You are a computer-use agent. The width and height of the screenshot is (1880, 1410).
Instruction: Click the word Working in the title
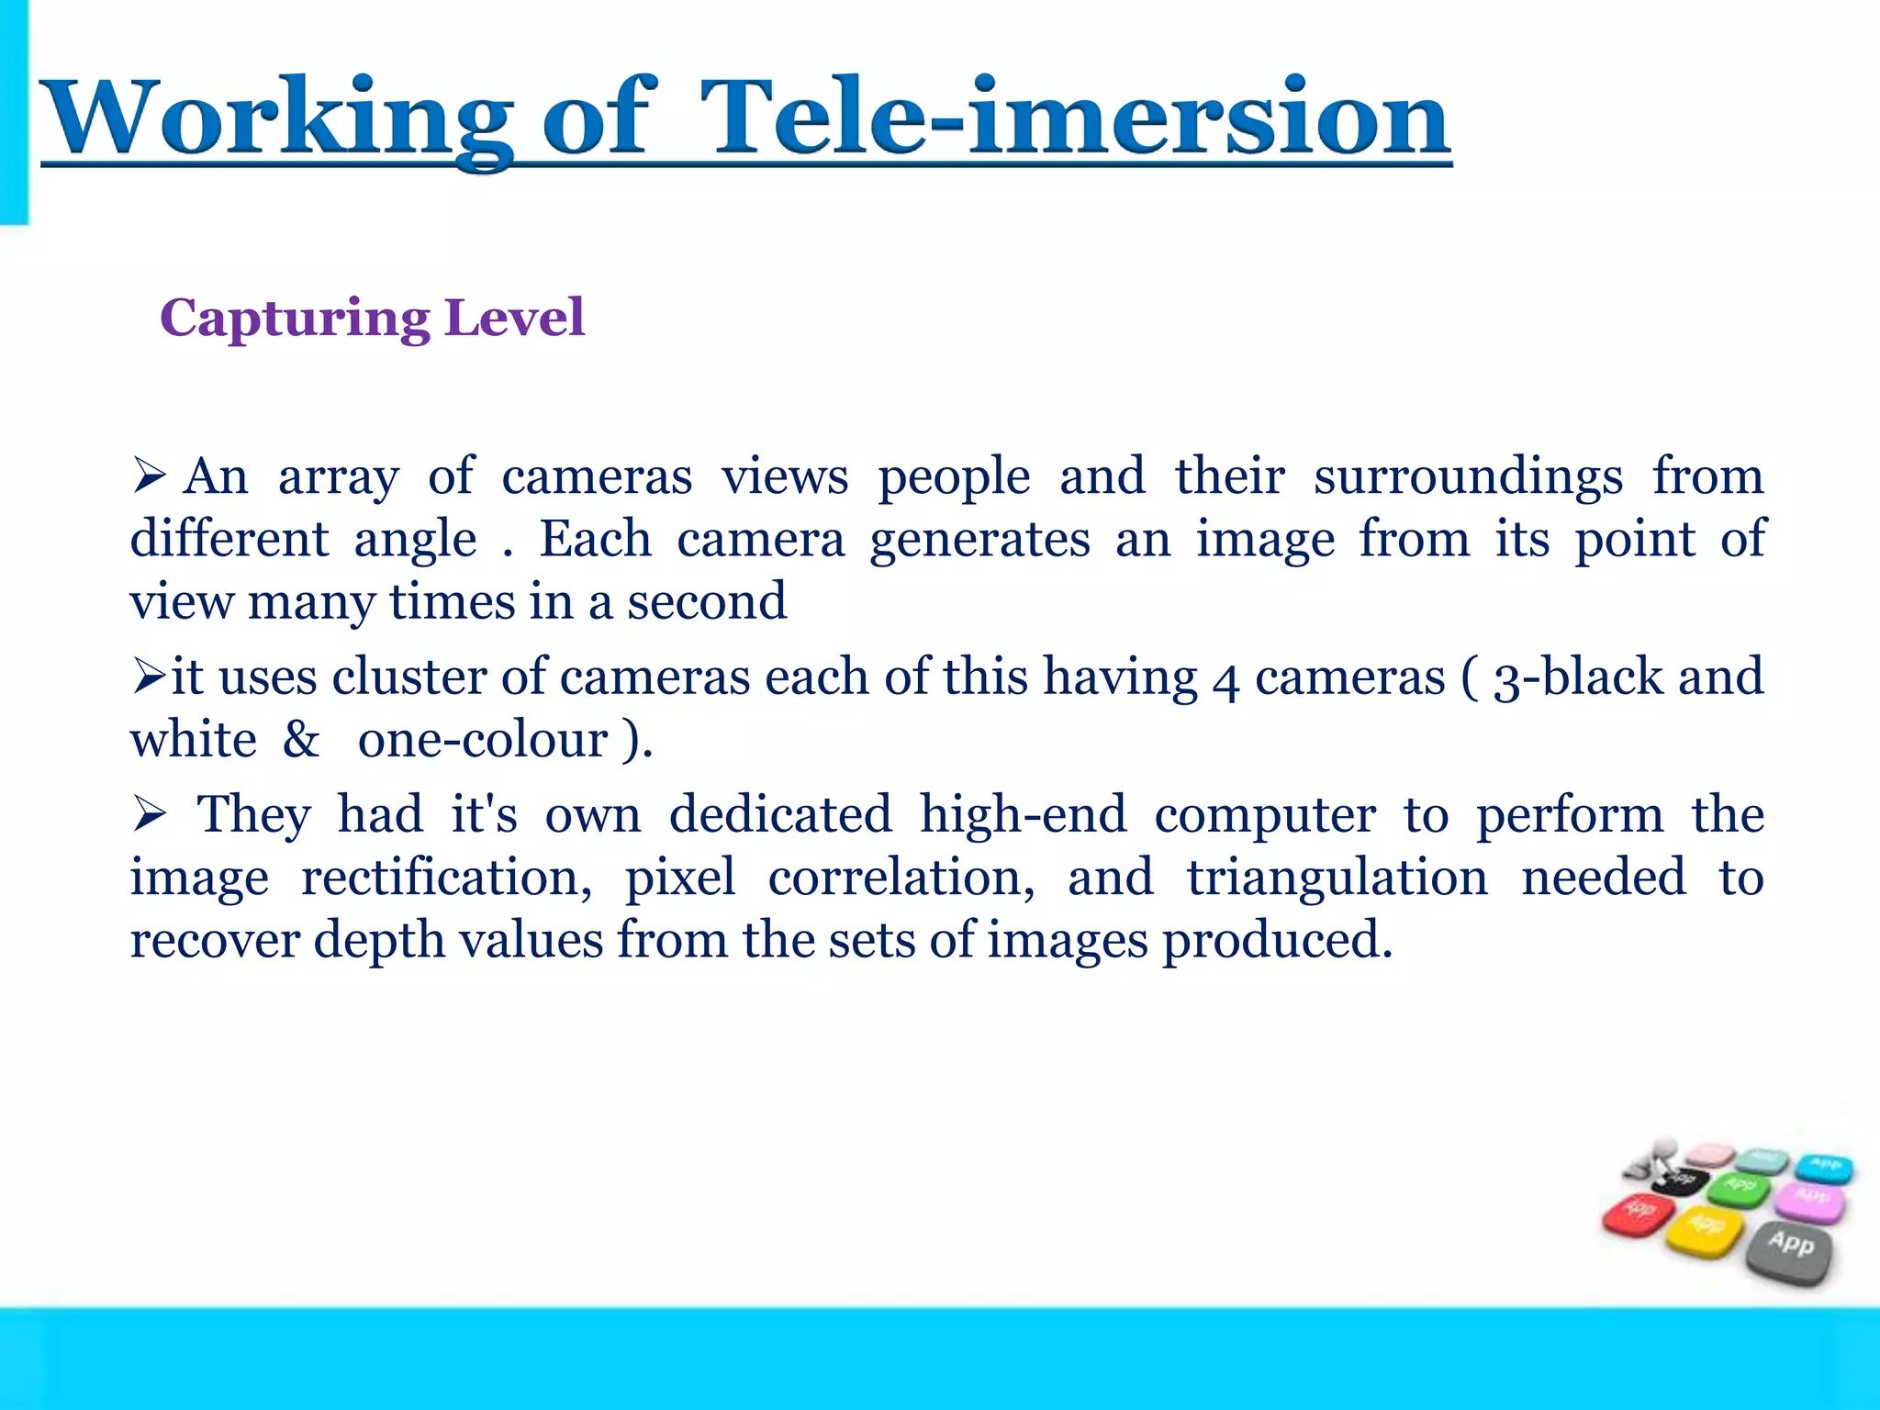(275, 119)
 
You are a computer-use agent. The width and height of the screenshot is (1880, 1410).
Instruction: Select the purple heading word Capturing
(295, 319)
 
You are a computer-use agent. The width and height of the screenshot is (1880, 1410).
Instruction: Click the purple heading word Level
(513, 318)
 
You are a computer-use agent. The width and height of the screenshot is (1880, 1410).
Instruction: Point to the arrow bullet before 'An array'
(148, 476)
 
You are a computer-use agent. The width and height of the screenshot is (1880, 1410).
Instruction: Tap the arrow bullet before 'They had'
(148, 815)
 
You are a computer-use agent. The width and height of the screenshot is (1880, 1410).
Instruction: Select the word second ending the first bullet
(707, 602)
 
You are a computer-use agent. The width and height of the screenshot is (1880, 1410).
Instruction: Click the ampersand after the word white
(300, 740)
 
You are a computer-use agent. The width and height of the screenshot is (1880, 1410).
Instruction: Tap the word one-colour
(483, 740)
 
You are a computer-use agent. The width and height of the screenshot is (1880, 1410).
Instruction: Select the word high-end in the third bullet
(1023, 815)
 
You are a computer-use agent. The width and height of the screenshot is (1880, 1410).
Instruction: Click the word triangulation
(1337, 878)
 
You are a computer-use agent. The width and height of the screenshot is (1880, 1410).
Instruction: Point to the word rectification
(446, 878)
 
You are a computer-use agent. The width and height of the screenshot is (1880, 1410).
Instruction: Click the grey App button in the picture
(1789, 1248)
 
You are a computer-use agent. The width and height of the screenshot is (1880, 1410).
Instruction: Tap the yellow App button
(1706, 1228)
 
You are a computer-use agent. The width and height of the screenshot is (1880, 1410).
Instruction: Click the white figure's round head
(1662, 1150)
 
